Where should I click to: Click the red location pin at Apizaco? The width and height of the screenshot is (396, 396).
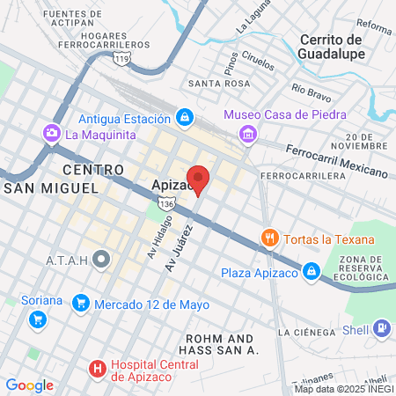pyautogui.click(x=200, y=179)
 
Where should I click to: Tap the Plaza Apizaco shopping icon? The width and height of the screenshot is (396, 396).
pyautogui.click(x=311, y=272)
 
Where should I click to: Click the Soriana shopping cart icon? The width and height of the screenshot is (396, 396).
pyautogui.click(x=37, y=319)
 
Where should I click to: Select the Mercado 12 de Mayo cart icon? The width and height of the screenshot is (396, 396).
pyautogui.click(x=82, y=304)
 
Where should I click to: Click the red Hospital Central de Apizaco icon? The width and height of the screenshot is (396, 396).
pyautogui.click(x=98, y=369)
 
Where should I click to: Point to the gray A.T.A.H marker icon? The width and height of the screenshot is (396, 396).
pyautogui.click(x=103, y=260)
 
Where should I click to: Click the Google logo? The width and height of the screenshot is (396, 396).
pyautogui.click(x=29, y=385)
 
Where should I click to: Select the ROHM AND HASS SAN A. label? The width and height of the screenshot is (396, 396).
pyautogui.click(x=221, y=344)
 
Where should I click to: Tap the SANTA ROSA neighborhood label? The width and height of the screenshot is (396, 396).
pyautogui.click(x=212, y=84)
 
